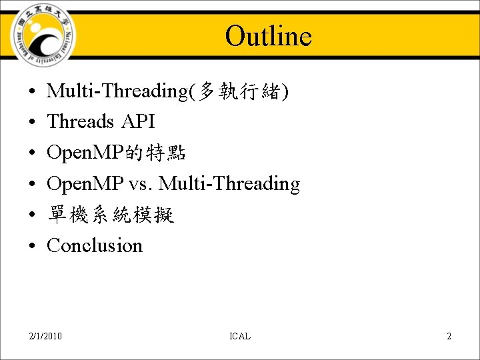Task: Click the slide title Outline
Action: (268, 36)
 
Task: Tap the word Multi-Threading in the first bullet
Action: (117, 91)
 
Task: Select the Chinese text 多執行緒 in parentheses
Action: (239, 91)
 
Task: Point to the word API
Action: (138, 122)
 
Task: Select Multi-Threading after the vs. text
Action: (229, 183)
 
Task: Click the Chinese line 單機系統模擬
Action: (111, 215)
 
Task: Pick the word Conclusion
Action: (95, 245)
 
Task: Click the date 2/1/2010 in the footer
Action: (46, 336)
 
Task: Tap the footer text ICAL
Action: (239, 336)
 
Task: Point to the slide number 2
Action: (449, 336)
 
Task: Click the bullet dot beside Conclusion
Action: (32, 246)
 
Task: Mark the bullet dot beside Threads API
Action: (32, 123)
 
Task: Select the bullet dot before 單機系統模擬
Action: (32, 215)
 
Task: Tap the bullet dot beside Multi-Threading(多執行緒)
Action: (32, 92)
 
